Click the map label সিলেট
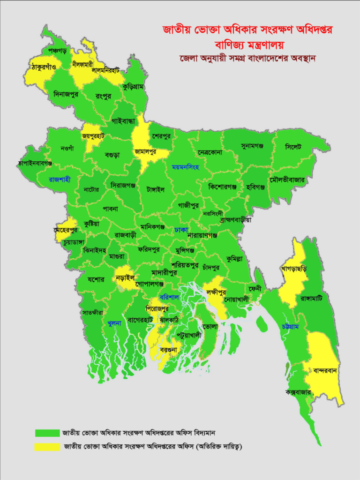click(293, 147)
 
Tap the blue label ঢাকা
click(181, 230)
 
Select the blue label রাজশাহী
click(60, 180)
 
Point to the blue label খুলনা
click(114, 322)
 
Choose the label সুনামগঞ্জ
click(252, 146)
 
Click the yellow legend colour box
click(47, 446)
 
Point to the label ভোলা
click(211, 325)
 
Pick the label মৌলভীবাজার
click(287, 180)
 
